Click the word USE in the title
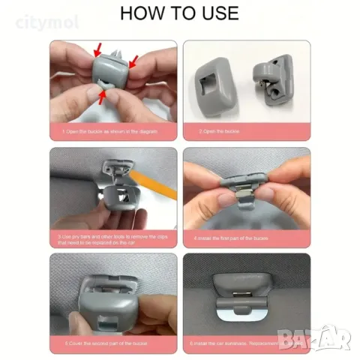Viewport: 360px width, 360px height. (217, 13)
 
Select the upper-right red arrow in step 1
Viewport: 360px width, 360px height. (133, 63)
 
